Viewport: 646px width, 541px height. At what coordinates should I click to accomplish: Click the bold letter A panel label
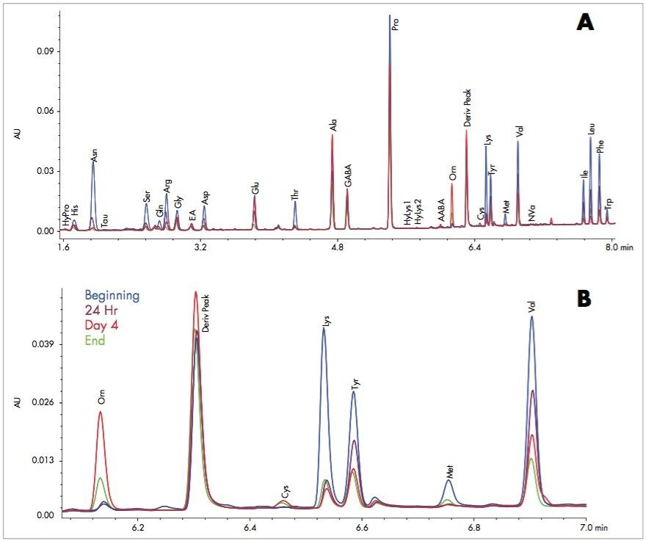585,23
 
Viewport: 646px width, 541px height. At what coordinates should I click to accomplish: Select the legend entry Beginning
112,296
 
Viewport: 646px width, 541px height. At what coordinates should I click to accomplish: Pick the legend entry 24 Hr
101,311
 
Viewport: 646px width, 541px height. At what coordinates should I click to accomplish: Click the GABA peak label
348,177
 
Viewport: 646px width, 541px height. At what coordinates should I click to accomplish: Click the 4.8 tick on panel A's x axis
337,249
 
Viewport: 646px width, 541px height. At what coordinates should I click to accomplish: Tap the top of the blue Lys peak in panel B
324,328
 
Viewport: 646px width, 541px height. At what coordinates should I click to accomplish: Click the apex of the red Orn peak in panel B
100,412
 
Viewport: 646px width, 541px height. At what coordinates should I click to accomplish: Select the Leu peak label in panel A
591,128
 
